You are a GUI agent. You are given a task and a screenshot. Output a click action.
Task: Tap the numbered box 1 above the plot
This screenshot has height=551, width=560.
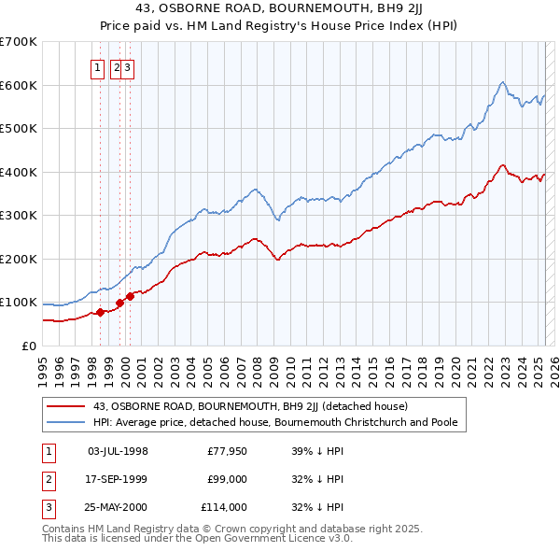click(98, 67)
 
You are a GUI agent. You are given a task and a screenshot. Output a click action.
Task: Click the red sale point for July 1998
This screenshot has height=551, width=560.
click(100, 312)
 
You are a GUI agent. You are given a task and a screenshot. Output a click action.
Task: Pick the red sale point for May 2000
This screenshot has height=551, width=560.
click(131, 296)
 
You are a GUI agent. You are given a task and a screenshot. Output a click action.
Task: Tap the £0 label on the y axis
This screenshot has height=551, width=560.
click(28, 346)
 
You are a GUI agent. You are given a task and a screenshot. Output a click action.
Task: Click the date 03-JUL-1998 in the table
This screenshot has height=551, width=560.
click(118, 451)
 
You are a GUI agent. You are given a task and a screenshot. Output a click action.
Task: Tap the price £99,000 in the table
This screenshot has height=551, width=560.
click(227, 479)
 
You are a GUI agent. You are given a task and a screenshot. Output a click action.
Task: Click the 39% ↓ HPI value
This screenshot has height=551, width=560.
click(317, 451)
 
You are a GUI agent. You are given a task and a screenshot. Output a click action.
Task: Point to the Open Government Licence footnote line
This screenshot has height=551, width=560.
click(197, 539)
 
